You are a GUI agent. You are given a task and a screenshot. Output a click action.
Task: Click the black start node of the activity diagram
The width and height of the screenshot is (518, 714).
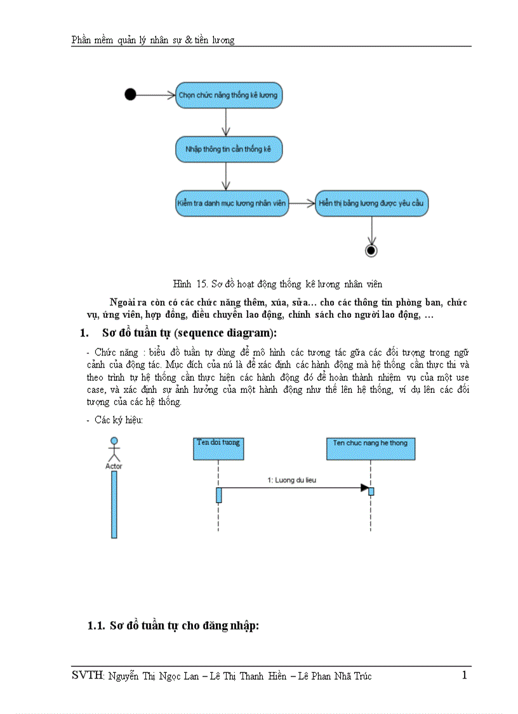(x=130, y=95)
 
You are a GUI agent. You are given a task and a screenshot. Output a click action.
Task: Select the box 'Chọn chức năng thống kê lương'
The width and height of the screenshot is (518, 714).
(x=228, y=95)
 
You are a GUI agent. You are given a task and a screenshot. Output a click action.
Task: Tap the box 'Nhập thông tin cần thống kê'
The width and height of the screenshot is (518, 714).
(x=228, y=149)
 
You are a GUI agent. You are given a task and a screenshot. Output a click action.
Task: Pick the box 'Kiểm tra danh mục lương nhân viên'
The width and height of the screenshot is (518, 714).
(x=232, y=203)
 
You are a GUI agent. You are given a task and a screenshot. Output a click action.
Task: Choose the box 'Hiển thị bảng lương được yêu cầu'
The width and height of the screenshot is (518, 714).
(x=371, y=203)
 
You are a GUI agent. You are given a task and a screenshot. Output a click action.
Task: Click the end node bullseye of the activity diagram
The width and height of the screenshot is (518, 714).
(x=371, y=251)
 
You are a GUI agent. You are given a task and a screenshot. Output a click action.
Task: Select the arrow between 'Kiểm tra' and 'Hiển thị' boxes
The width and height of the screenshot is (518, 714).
(x=302, y=203)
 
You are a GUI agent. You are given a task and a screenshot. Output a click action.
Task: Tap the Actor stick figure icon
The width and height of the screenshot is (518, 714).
(x=114, y=449)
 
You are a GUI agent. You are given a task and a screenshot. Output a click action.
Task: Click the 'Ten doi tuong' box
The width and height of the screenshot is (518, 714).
(x=218, y=448)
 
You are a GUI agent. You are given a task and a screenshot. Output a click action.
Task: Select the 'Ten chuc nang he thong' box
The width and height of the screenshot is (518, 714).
(x=370, y=448)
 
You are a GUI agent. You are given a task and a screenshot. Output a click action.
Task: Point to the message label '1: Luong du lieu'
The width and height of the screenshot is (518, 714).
(x=291, y=481)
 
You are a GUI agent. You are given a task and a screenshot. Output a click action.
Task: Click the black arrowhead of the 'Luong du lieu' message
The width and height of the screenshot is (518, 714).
(x=364, y=488)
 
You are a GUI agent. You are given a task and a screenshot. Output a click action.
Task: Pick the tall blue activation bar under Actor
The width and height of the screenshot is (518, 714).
(x=114, y=504)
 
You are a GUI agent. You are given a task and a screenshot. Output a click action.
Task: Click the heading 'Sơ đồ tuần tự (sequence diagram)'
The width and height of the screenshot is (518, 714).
(x=189, y=333)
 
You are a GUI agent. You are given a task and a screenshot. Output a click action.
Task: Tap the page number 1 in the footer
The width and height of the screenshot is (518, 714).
(x=464, y=675)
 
